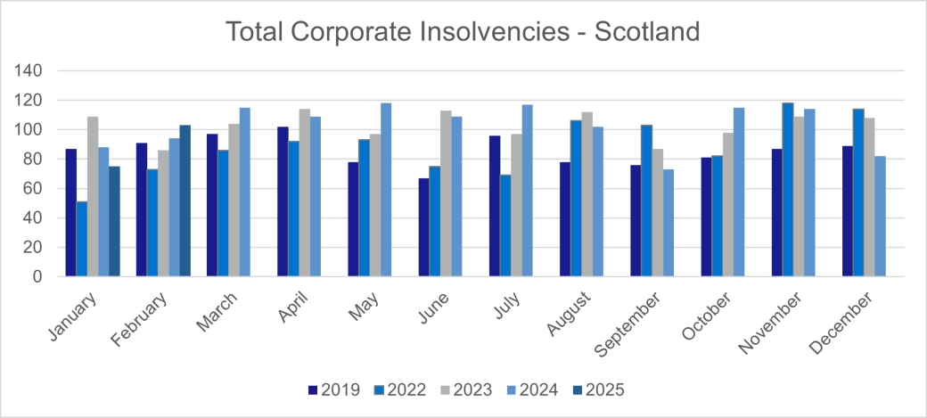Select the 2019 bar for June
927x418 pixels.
423,227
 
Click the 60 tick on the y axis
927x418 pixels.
35,188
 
